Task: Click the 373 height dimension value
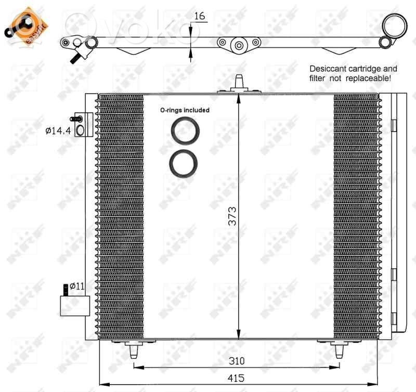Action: tap(232, 216)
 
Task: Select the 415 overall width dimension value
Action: tap(236, 378)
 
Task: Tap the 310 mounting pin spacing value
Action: tap(237, 361)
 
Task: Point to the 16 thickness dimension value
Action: tap(200, 16)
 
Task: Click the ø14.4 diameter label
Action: tap(58, 130)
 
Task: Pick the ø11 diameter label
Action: tap(77, 286)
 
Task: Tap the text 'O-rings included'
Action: tap(185, 110)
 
